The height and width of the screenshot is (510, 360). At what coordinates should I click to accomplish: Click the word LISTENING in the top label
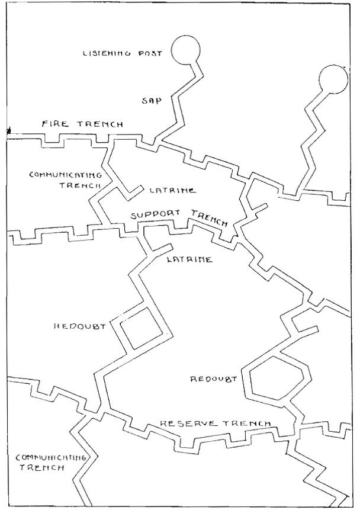click(102, 54)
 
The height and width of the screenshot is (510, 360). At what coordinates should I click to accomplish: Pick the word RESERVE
click(181, 424)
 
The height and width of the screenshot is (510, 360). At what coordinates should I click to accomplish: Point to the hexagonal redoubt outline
click(278, 379)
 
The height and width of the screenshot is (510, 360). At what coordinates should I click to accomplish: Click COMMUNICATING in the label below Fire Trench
click(66, 175)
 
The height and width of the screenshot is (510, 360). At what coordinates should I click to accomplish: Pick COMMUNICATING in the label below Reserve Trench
click(52, 457)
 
